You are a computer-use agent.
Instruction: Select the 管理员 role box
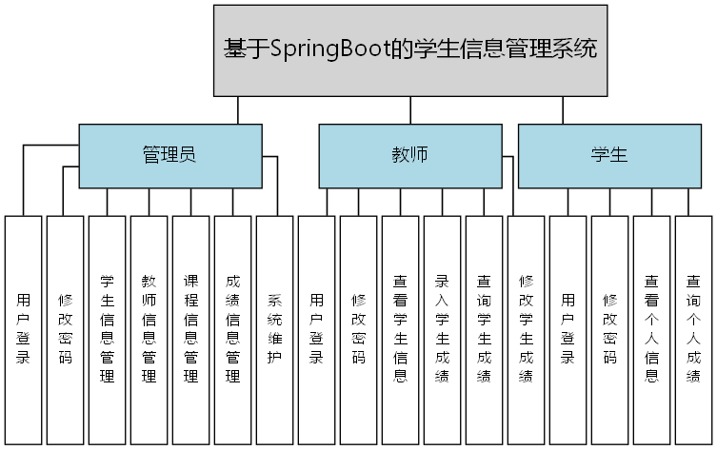point(169,155)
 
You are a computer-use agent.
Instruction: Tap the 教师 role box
point(409,155)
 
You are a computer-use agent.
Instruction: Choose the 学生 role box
point(608,155)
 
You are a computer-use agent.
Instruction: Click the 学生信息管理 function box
point(107,329)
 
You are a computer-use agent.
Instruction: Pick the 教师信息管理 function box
point(149,329)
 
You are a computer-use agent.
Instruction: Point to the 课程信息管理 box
point(190,329)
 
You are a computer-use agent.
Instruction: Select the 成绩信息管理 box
point(232,329)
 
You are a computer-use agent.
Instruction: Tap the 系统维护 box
point(274,329)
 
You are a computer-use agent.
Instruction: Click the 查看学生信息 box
point(400,329)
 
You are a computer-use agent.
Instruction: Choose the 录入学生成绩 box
point(442,329)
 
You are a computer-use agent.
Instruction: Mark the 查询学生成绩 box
point(484,329)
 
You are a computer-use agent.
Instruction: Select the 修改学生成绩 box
point(526,329)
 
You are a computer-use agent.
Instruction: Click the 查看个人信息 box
point(651,329)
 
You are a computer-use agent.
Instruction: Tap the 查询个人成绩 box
point(693,329)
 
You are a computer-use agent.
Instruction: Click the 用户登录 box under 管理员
point(23,329)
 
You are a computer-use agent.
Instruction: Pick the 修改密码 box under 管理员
point(65,329)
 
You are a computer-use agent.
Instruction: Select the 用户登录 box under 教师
point(316,329)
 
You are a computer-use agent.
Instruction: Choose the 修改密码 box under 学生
point(609,329)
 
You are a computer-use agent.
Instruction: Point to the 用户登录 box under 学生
point(568,329)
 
